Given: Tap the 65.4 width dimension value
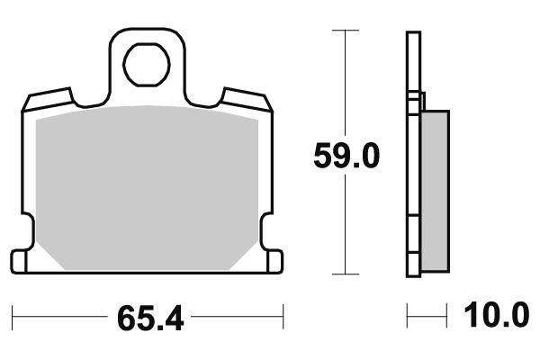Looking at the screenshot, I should pos(148,318).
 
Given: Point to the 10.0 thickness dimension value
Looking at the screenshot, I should pos(495,317).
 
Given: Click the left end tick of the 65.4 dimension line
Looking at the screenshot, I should pos(13,317).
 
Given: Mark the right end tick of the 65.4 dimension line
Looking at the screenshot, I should pos(283,317).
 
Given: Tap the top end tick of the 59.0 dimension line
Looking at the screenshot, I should pos(340,31).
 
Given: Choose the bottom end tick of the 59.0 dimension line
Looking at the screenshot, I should pos(340,274).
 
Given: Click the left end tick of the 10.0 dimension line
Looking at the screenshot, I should pos(408,317).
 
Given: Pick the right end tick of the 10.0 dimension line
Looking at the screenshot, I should pos(447,317).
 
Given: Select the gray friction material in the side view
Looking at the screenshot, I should pos(435,189).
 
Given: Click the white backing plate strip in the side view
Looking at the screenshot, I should pos(413,180).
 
